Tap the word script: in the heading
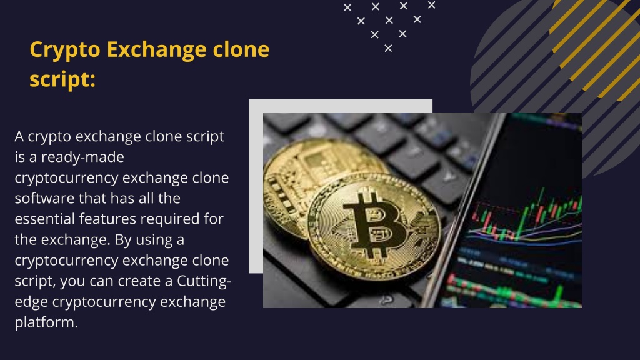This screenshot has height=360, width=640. (x=62, y=79)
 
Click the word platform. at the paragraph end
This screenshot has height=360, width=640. (x=46, y=323)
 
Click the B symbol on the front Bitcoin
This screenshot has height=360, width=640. (x=374, y=226)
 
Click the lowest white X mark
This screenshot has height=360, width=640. (x=388, y=49)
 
